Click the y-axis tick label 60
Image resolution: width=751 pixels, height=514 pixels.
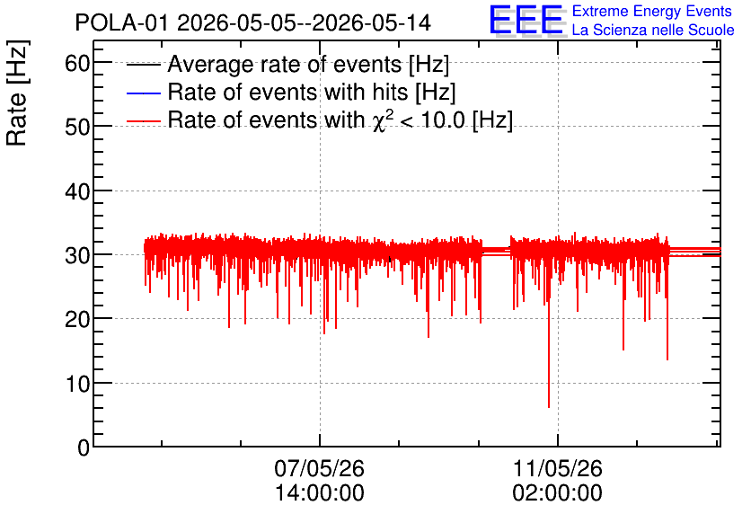click(77, 63)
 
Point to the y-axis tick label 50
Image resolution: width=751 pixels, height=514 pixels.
click(77, 128)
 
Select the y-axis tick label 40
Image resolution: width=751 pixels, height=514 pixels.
click(77, 191)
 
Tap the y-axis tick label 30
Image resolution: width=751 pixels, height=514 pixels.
click(77, 256)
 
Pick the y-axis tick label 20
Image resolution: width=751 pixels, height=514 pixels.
click(77, 320)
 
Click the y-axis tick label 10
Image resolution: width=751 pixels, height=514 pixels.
click(77, 384)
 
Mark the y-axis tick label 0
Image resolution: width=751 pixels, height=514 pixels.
click(84, 448)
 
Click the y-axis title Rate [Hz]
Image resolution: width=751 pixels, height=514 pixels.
click(17, 93)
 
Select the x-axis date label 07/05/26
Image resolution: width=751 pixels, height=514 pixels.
click(320, 468)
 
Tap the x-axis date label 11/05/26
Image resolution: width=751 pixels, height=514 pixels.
click(558, 468)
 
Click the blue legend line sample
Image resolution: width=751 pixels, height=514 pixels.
click(143, 93)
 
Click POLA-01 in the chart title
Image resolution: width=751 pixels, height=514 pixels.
click(121, 22)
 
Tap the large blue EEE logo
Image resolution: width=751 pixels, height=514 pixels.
click(526, 20)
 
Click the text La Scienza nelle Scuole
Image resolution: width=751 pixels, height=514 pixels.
click(653, 31)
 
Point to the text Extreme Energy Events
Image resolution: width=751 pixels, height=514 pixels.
click(652, 11)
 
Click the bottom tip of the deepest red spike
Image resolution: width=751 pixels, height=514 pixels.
click(549, 408)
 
